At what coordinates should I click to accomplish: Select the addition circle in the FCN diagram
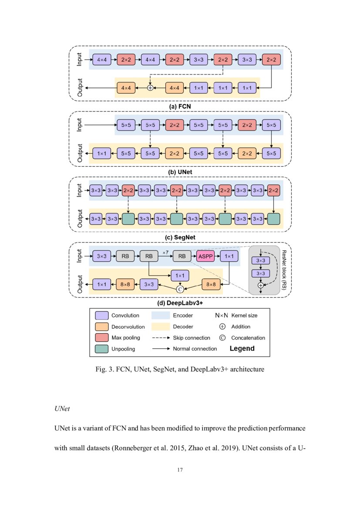(150, 88)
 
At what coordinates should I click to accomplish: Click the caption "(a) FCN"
(179, 106)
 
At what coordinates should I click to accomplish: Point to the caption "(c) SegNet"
(179, 237)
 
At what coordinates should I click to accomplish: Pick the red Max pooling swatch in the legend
(101, 337)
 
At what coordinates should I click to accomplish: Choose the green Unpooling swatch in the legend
(101, 349)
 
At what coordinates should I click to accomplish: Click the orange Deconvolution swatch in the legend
(101, 327)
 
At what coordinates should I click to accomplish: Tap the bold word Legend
(242, 348)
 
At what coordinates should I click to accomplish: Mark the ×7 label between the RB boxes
(165, 253)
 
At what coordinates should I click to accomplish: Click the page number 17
(180, 470)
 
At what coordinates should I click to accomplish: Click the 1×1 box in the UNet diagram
(101, 153)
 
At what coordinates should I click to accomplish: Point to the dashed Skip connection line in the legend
(161, 338)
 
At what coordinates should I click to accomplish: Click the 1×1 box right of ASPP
(227, 256)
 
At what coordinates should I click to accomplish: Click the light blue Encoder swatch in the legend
(161, 315)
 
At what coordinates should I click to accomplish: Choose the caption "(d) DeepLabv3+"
(179, 303)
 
